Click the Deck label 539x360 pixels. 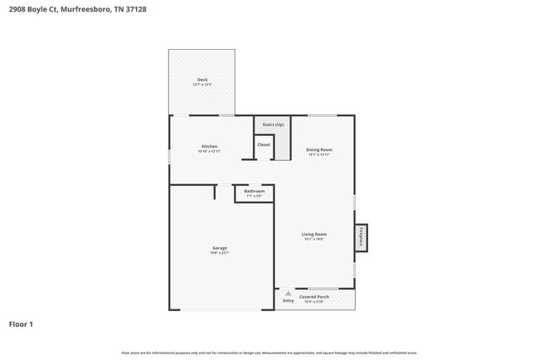coord(202,79)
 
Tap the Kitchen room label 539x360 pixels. coord(209,146)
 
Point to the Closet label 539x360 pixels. coord(264,144)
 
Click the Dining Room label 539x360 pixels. coord(319,149)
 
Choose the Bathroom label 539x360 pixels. coord(254,191)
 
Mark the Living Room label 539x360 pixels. coord(313,234)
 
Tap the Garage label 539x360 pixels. coord(220,248)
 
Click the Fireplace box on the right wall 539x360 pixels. coord(361,238)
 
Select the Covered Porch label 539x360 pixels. coord(314,296)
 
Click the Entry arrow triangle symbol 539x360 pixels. coord(288,293)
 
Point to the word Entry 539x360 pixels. coord(288,300)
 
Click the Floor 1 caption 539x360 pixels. coord(21,324)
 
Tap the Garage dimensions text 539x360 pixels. coord(220,253)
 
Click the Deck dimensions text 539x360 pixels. coord(202,85)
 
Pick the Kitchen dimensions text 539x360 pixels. coord(209,151)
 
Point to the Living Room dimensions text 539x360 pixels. coord(313,239)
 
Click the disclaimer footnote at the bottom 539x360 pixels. coord(269,353)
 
